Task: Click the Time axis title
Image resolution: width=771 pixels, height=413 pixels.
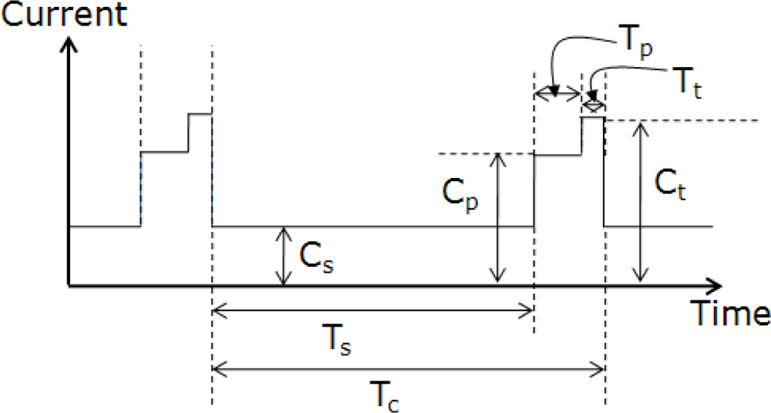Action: (729, 313)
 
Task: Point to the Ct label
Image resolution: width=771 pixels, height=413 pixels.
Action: (672, 185)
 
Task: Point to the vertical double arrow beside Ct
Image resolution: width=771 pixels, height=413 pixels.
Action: (638, 202)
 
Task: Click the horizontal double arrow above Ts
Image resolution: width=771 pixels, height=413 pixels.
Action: (372, 311)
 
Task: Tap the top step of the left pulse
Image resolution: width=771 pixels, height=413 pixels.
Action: (200, 114)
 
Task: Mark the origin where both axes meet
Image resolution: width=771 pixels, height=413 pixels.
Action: (69, 286)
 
